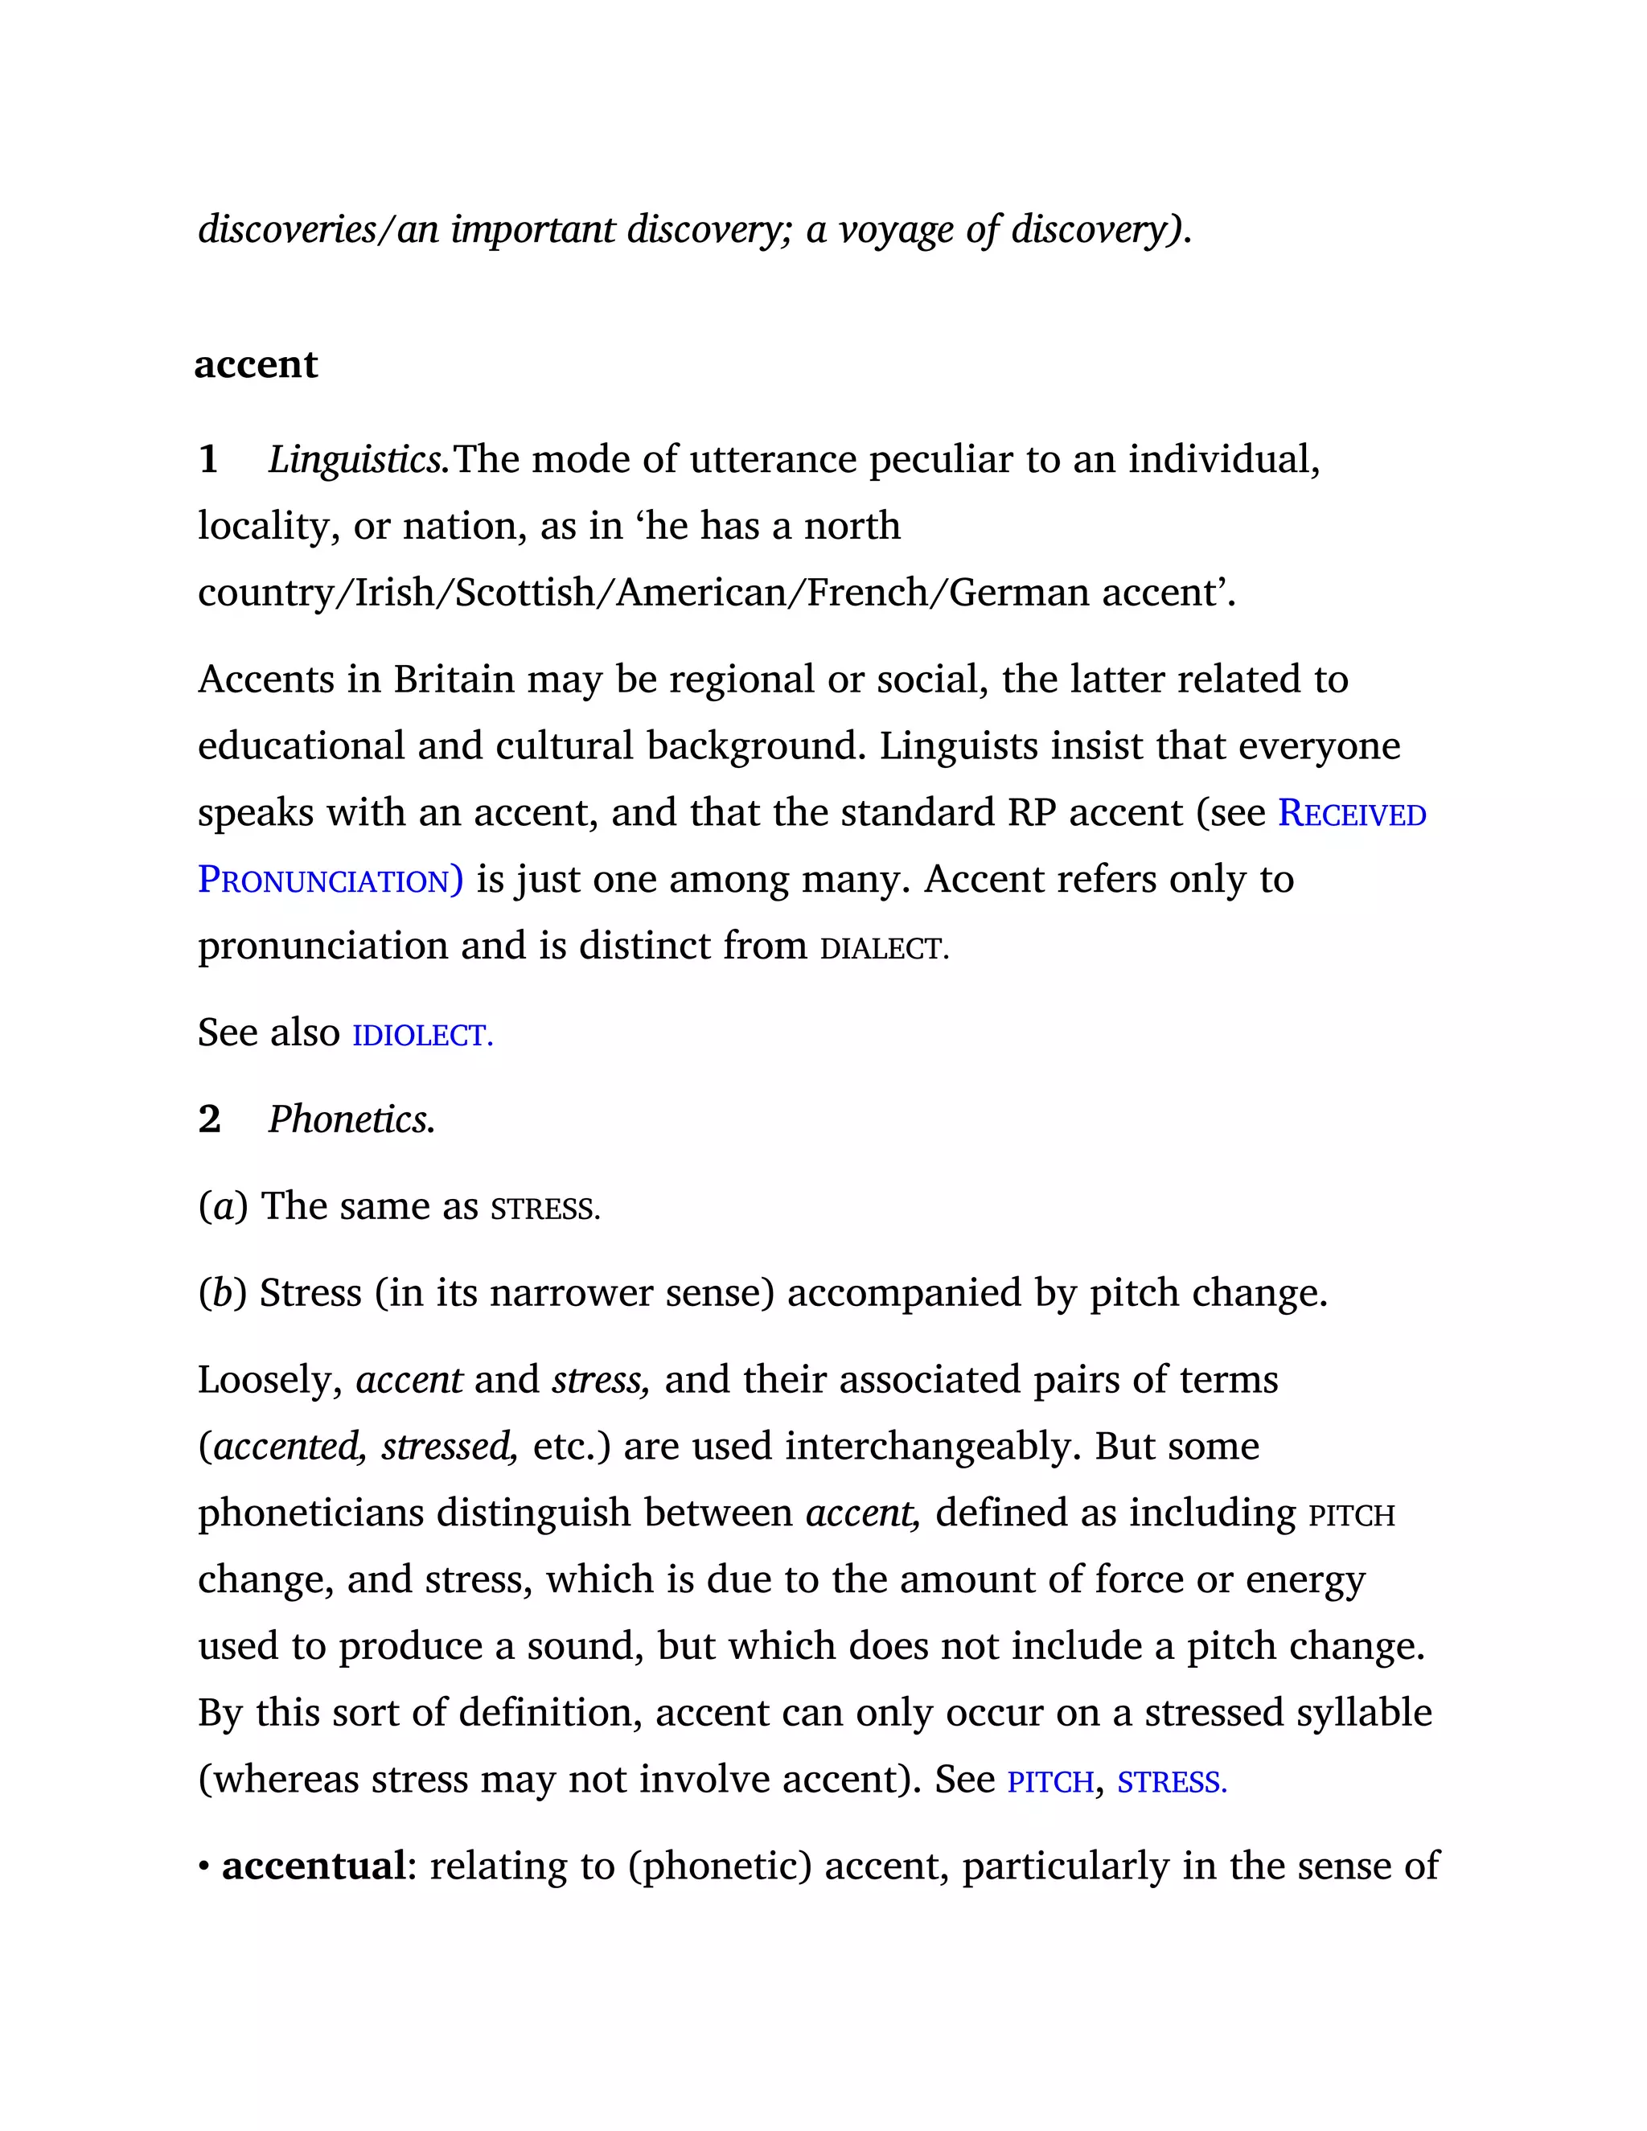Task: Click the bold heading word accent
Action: click(256, 364)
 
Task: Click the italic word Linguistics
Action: click(358, 459)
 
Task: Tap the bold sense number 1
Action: click(207, 459)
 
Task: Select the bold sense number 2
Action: click(209, 1119)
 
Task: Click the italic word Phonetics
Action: click(351, 1119)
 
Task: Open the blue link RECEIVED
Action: click(1351, 813)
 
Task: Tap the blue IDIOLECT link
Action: click(422, 1034)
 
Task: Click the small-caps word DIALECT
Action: click(883, 947)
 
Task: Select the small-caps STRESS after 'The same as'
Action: click(544, 1208)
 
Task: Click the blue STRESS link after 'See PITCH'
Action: click(1171, 1782)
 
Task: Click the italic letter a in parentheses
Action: click(224, 1207)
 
